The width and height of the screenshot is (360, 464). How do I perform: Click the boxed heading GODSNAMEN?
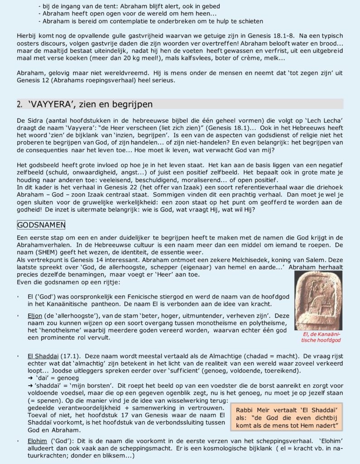coord(41,225)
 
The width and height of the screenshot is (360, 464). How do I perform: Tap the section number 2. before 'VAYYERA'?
coord(19,104)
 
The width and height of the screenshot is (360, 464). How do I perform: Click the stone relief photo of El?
coord(318,300)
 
